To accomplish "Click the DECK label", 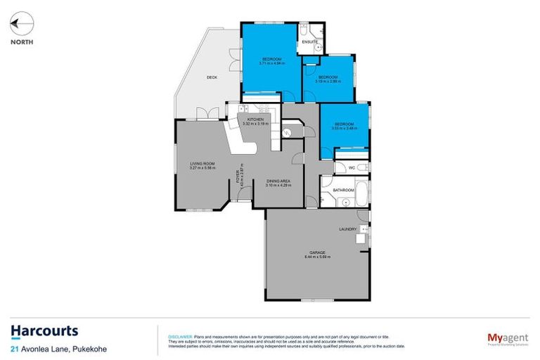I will pos(211,77).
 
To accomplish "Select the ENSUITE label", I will pos(310,43).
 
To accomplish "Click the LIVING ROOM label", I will pos(202,165).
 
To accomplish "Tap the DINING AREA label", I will pos(278,181).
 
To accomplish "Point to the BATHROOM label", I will pos(343,191).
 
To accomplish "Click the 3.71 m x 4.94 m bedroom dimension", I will pos(271,63).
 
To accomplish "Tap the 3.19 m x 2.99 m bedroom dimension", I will pos(328,82).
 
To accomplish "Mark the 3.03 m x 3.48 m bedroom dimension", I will pos(345,128).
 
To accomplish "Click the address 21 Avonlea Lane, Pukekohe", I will pos(53,348).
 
